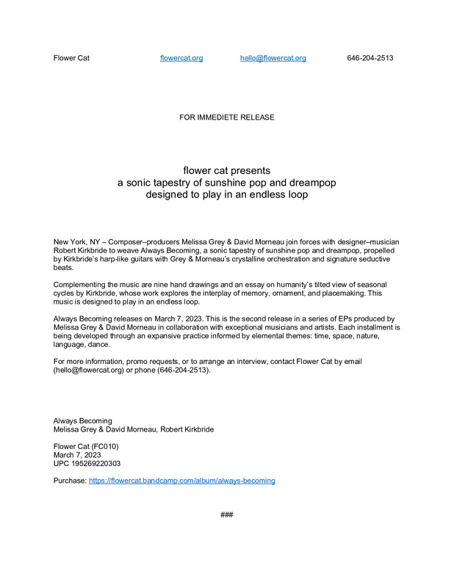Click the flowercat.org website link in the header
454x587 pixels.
pos(181,58)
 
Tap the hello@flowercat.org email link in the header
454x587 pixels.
pos(273,58)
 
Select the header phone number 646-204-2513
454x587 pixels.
pos(370,58)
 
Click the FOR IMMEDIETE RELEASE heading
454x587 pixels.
pos(227,117)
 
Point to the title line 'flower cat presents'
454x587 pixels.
pos(226,170)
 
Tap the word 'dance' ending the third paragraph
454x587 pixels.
pos(99,345)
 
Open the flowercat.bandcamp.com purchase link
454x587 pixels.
pos(182,481)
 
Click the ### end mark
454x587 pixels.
pos(227,515)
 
